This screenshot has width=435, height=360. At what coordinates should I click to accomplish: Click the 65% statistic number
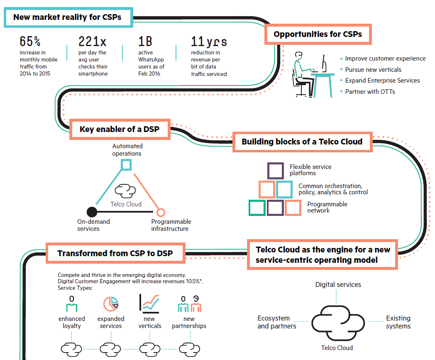coord(30,42)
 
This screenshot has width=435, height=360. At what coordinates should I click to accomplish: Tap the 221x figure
coord(92,42)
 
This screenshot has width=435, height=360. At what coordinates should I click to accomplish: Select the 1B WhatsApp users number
coord(145,42)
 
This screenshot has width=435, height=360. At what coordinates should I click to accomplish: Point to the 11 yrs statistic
coord(209,42)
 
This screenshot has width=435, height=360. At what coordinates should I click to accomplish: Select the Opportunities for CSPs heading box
coord(318,34)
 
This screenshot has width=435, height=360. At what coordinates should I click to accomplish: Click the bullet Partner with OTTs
coord(370,91)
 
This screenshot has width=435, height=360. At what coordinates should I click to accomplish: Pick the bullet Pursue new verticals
coord(373,70)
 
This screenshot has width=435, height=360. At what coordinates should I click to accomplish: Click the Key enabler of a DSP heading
coord(120,130)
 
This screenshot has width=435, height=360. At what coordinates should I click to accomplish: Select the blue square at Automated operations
coord(126,165)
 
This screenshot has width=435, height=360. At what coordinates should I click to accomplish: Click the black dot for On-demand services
coord(92,212)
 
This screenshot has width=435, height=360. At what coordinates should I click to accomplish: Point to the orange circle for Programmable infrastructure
coord(161,212)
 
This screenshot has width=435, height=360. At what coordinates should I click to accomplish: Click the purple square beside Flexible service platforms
coord(276,171)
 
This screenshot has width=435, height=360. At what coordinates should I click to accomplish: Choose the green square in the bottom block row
coord(257,208)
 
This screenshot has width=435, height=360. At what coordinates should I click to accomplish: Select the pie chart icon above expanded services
coord(111,304)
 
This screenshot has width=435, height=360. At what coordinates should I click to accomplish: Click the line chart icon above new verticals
coord(149,304)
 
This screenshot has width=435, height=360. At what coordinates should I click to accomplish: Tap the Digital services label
coord(338,284)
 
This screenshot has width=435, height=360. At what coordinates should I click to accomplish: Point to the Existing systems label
coord(398,322)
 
